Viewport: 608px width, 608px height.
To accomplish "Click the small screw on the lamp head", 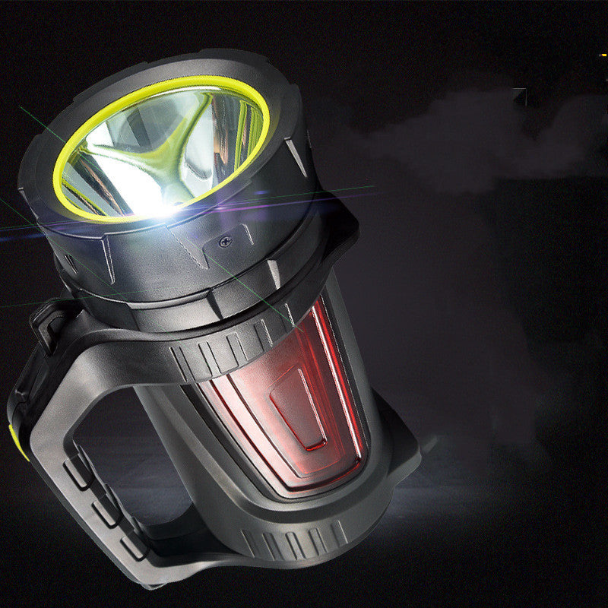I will point(225,241).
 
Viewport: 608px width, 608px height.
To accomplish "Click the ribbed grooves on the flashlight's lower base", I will point(296,543).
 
